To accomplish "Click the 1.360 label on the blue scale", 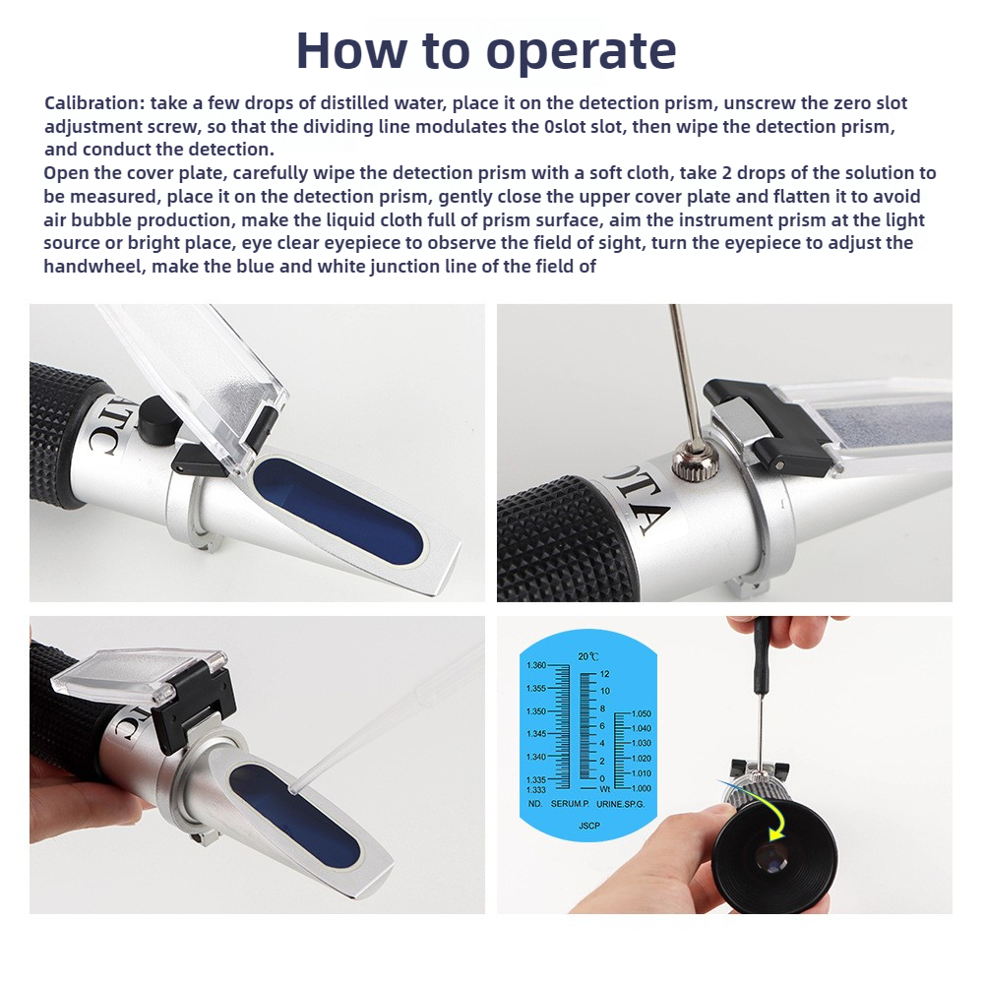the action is click(535, 665).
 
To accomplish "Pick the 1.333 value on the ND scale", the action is click(535, 790).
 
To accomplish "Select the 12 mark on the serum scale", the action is click(604, 674).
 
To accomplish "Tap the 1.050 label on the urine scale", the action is click(641, 713).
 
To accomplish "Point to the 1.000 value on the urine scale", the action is click(641, 788).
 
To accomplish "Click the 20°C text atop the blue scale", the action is click(588, 656).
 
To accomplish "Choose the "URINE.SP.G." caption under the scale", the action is click(620, 804).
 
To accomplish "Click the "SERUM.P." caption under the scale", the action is click(570, 804).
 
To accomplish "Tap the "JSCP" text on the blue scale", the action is click(588, 826).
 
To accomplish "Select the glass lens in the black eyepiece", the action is click(771, 858).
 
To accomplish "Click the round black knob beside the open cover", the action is click(156, 420).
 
